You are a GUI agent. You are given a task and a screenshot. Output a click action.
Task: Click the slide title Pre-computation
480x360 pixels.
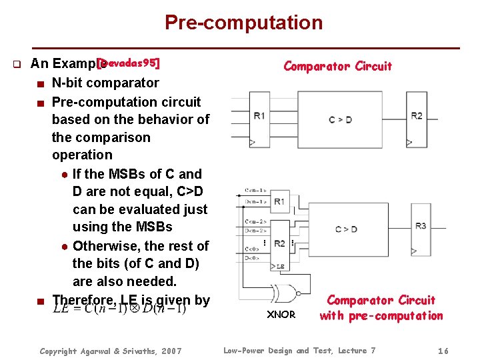243,23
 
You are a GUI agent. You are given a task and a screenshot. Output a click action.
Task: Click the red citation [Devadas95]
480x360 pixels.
128,63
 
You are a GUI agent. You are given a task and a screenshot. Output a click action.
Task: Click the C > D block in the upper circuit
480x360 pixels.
340,119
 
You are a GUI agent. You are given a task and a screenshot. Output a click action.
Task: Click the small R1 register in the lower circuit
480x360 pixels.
279,201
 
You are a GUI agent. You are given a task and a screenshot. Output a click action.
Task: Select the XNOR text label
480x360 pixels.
281,314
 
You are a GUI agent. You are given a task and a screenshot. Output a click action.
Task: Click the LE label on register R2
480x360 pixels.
281,266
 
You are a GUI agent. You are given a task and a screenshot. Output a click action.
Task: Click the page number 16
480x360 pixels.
443,351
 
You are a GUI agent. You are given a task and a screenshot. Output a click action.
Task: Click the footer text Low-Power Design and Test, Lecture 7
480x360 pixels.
299,351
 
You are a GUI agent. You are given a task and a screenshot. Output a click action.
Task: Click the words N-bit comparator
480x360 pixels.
105,83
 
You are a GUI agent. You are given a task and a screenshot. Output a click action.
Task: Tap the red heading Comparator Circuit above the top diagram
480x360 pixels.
337,66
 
